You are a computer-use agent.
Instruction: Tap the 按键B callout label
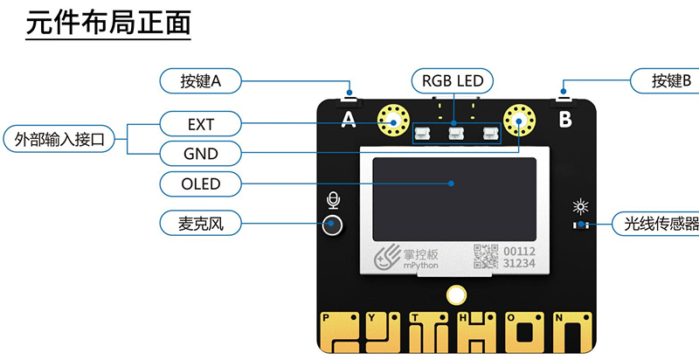[670, 81]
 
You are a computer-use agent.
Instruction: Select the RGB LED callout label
[452, 81]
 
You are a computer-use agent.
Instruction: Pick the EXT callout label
[201, 124]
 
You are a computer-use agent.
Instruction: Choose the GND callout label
[201, 154]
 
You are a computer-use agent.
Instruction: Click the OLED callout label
[201, 183]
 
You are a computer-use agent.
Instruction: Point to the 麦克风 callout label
[201, 224]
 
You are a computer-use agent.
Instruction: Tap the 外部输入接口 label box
[59, 139]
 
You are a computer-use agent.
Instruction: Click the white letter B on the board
[564, 117]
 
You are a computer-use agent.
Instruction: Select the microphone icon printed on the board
[332, 201]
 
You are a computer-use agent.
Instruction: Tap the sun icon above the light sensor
[578, 207]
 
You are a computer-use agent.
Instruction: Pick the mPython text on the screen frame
[420, 266]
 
